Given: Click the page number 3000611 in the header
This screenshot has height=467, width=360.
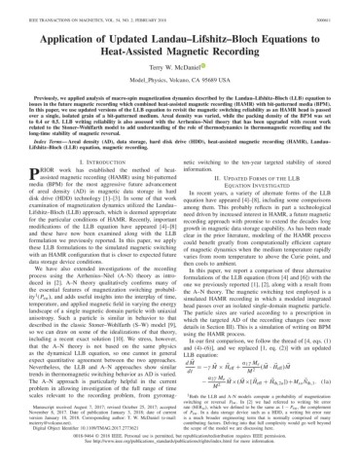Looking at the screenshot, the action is point(338,7).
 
